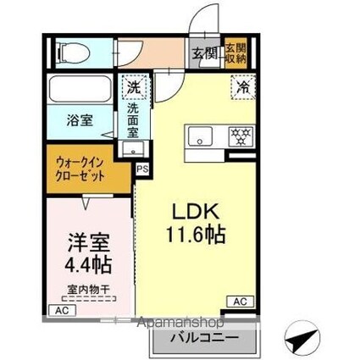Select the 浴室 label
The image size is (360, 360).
tap(80, 120)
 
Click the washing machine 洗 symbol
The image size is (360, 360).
tap(133, 86)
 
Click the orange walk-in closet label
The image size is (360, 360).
tap(81, 168)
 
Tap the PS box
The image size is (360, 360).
tap(141, 168)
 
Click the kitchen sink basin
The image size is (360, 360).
tap(202, 135)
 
